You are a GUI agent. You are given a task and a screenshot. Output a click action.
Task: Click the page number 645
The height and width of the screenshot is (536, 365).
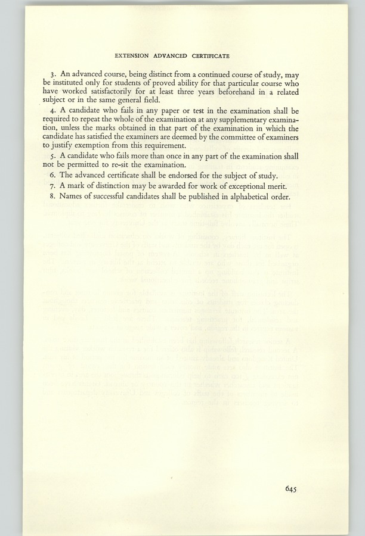tap(292, 490)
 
